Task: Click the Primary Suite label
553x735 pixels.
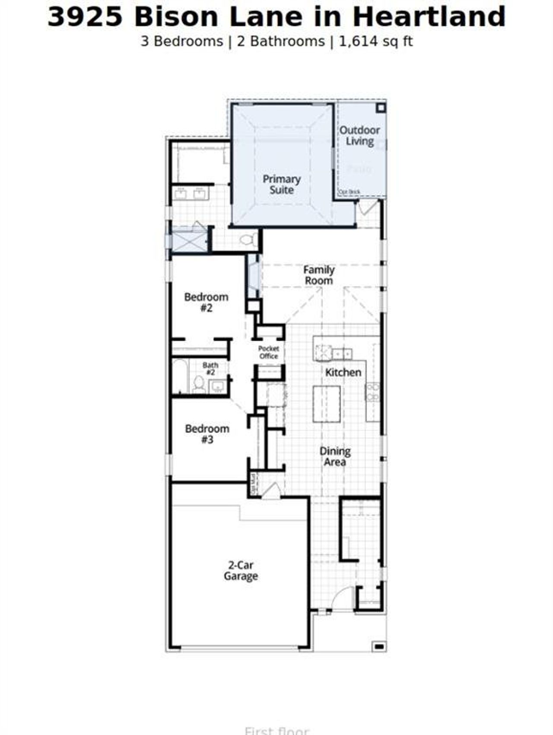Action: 281,185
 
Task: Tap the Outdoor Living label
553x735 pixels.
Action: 359,136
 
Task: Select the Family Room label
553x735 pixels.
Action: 319,275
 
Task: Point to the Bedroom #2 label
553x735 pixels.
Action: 206,302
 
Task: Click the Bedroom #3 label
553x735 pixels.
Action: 207,434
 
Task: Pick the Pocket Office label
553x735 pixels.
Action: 268,352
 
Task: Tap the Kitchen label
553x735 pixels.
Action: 343,372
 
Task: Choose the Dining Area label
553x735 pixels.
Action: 335,456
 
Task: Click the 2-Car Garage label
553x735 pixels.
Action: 241,570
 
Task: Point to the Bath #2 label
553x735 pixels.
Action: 210,369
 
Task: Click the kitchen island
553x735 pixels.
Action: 327,404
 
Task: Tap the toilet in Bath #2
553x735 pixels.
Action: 199,384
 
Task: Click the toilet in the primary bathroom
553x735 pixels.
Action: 247,239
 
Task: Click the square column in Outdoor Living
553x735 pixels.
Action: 380,108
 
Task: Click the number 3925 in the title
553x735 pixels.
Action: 85,17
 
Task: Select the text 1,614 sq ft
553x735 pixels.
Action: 375,41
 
